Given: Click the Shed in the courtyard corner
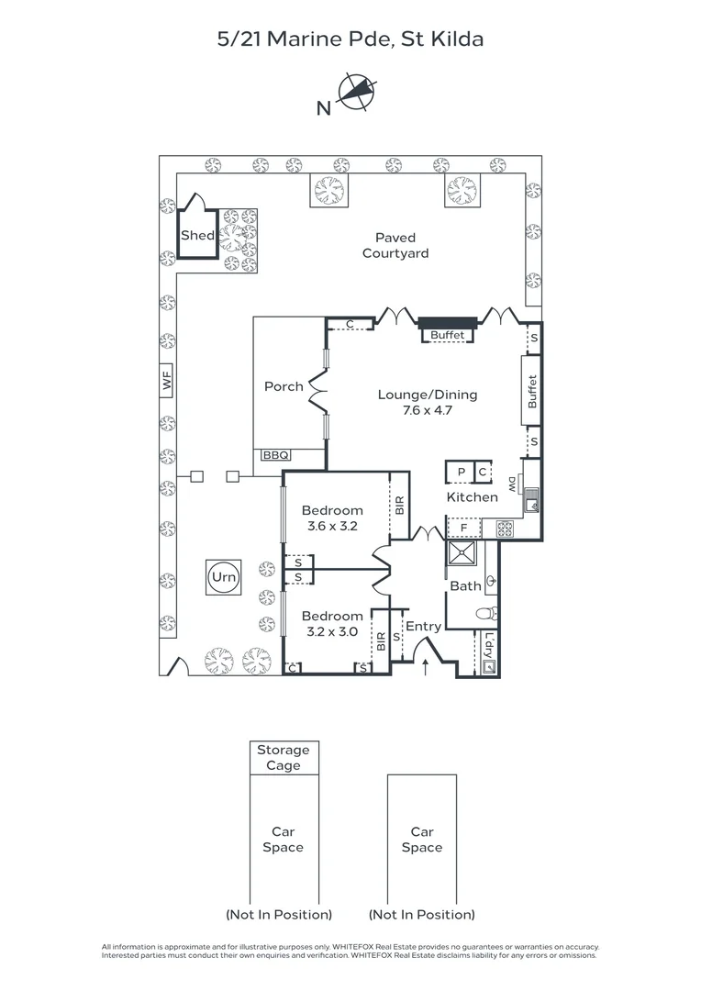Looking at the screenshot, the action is tap(197, 235).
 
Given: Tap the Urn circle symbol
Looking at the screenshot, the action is tap(224, 577).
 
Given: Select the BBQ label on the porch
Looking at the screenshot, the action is tap(275, 455).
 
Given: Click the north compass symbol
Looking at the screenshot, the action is tap(357, 92).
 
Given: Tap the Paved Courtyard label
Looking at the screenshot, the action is tap(395, 245).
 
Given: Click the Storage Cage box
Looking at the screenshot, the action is tap(284, 758).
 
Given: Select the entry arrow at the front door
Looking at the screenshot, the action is tap(425, 667).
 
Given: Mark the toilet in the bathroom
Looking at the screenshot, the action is tap(486, 613).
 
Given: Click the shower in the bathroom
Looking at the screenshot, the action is tap(462, 553).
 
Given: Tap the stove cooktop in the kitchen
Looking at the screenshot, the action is tap(505, 529).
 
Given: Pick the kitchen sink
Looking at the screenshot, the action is tap(531, 501).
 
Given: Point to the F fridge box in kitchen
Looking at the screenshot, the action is tap(464, 529).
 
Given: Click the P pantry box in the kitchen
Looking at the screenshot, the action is tap(461, 472).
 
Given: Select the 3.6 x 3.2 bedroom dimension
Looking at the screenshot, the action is tap(332, 526).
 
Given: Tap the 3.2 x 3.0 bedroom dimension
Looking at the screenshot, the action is tap(332, 631).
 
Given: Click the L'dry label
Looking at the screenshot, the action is tap(488, 645).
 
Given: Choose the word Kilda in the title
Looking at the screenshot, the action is tap(457, 39).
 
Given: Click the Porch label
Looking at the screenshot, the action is tap(284, 386).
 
